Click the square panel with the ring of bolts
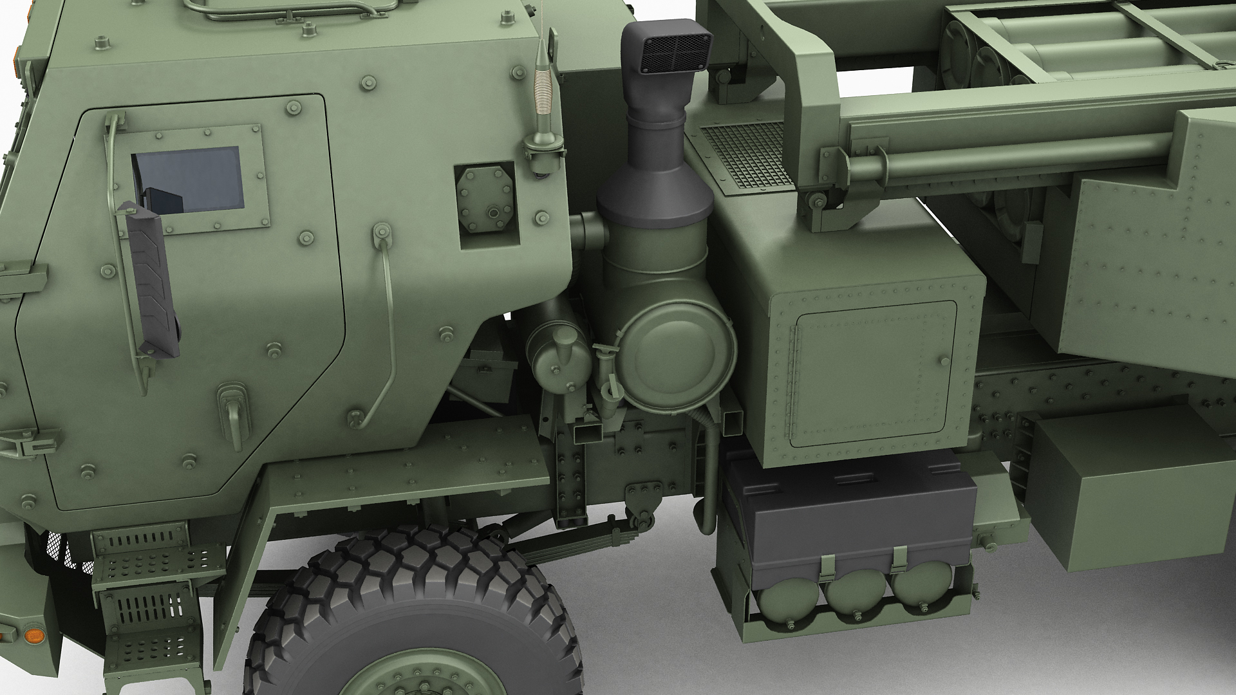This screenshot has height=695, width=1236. tap(485, 202)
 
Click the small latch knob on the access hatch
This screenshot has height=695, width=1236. tap(944, 362)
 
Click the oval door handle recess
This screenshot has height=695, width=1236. tap(232, 403)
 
